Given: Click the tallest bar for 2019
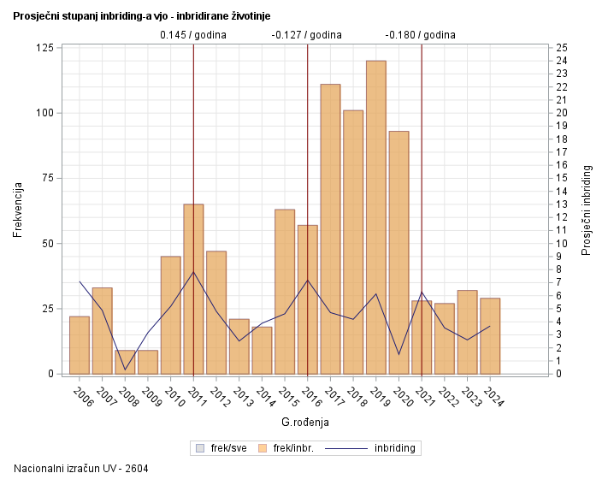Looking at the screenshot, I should click(x=375, y=217).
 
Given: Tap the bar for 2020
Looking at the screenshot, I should click(x=399, y=252).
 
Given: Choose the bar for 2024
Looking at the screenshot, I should click(x=490, y=335).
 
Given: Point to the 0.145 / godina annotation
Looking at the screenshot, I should click(x=193, y=35).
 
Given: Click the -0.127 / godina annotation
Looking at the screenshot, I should click(x=307, y=35).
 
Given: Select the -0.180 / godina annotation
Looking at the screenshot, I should click(x=421, y=35).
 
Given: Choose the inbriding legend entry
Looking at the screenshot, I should click(x=375, y=447).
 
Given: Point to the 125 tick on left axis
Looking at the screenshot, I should click(x=46, y=47).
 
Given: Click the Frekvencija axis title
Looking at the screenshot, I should click(x=18, y=210).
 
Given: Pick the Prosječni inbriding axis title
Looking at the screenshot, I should click(x=587, y=210).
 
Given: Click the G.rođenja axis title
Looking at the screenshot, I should click(x=305, y=422).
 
